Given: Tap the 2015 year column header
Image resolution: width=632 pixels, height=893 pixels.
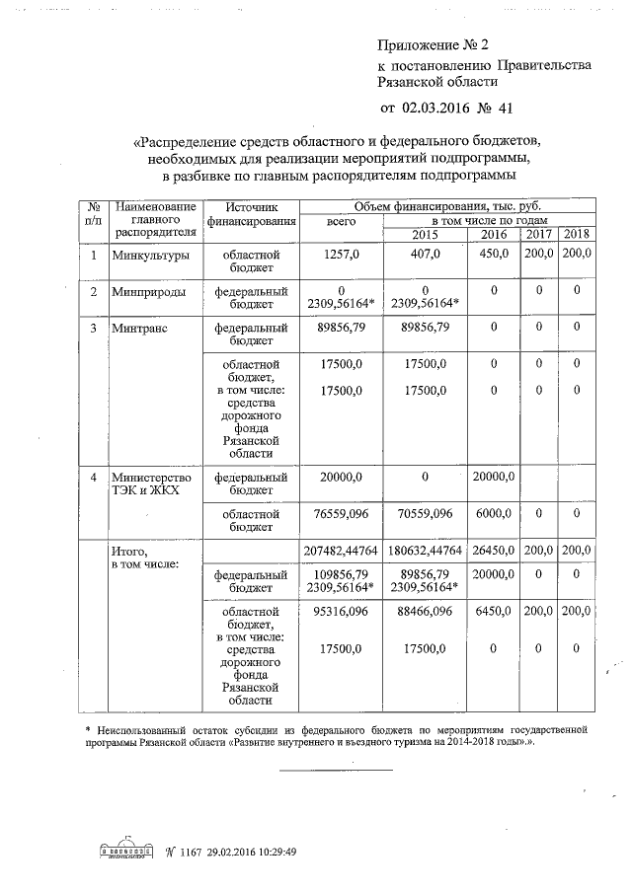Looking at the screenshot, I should click(425, 234).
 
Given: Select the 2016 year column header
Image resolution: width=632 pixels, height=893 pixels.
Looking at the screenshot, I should click(493, 234).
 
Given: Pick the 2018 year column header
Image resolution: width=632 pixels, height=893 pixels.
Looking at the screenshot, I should click(574, 234).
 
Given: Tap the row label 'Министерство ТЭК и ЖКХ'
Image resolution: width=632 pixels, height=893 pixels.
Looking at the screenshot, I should click(150, 484).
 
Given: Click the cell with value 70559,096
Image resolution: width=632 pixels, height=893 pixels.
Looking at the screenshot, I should click(425, 514).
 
